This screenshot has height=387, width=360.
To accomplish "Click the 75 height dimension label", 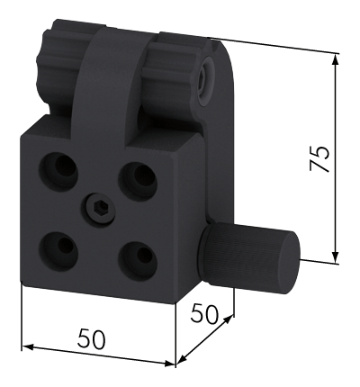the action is tap(319, 158).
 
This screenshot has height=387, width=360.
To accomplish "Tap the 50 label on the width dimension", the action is tap(92, 339).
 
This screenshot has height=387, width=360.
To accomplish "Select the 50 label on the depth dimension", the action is tap(204, 314).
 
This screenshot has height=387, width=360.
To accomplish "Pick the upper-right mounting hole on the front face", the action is tap(138, 179).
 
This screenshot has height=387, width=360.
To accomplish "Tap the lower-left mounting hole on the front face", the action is tap(58, 250).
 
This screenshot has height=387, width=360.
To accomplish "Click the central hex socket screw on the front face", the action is tap(99, 208).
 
